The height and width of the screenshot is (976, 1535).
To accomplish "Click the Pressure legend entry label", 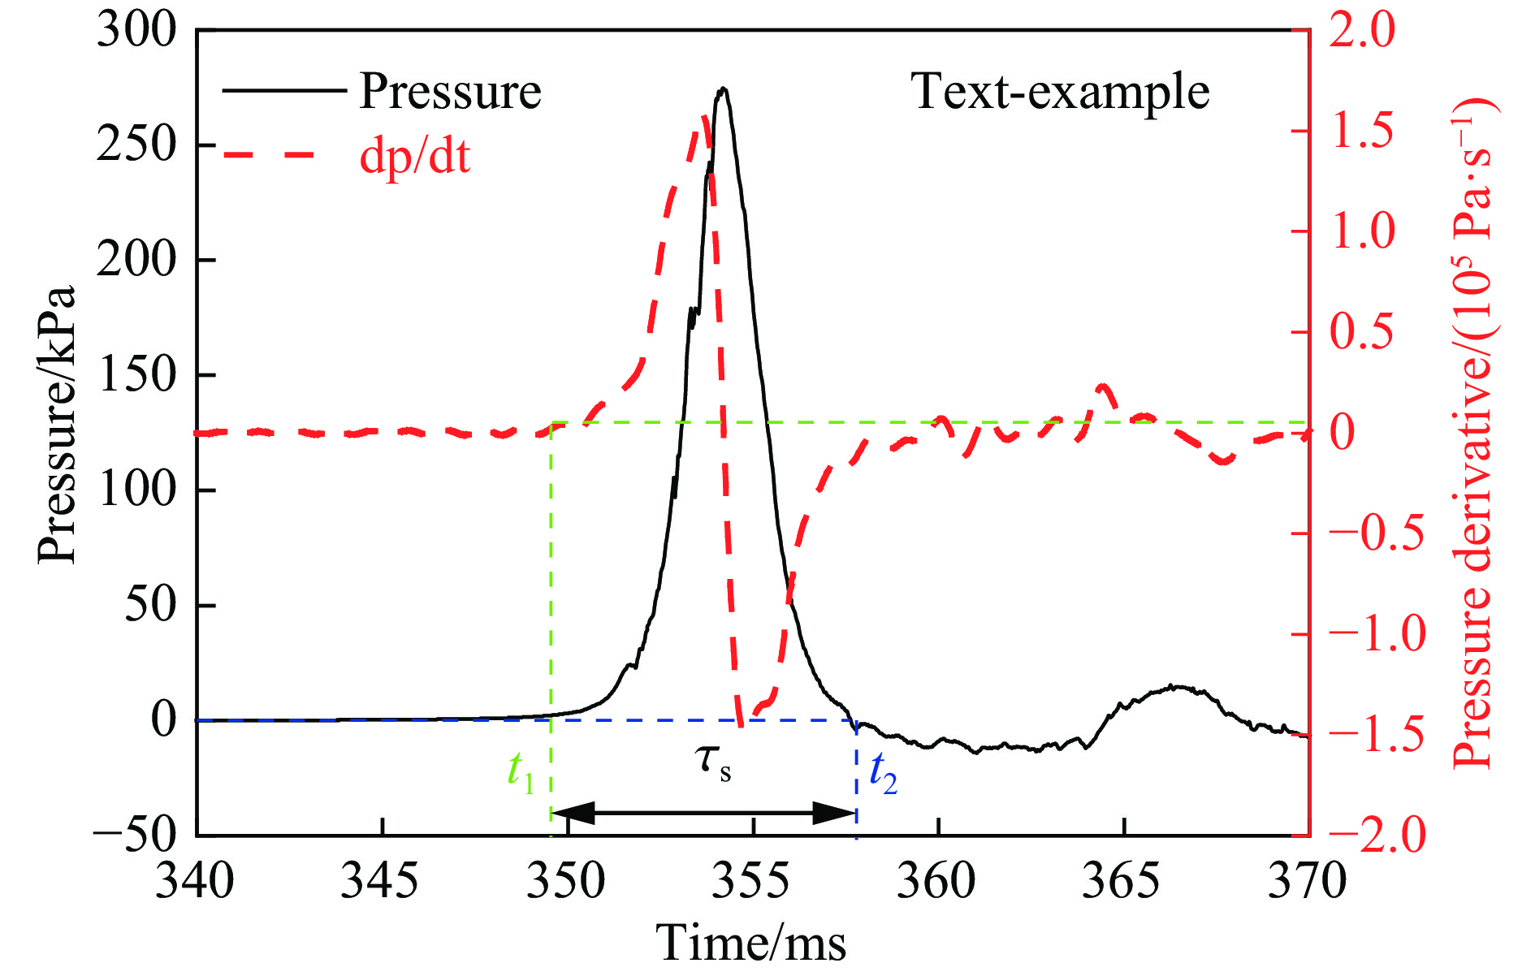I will coord(450,91).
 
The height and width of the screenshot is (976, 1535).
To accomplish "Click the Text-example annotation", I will coord(1060,91).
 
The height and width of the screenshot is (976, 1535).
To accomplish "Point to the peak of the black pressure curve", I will coord(723,89).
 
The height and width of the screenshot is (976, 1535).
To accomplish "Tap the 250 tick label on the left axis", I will coord(136,145).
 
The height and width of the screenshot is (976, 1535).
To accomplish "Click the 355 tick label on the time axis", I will coord(751,881).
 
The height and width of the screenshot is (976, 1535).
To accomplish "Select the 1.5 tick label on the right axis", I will coord(1362,131).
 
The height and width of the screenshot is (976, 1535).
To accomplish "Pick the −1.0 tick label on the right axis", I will coord(1377,633).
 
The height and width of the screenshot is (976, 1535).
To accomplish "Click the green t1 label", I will coord(521,770).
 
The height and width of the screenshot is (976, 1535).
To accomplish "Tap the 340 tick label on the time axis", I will coord(195,881).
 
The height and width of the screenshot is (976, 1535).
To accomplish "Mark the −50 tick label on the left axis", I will coord(135,835).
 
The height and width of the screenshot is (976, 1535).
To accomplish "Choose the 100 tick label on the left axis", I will coord(136,490).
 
